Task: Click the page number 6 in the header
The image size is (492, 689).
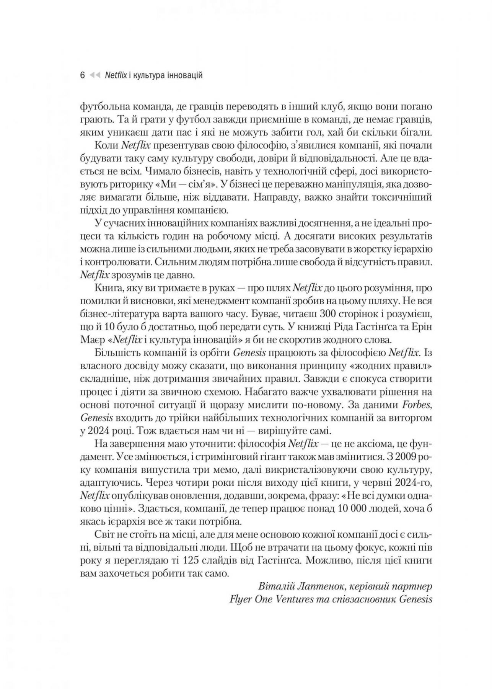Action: [82, 75]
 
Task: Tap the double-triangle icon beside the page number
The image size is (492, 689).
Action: [95, 75]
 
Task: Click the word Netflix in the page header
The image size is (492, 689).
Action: [116, 75]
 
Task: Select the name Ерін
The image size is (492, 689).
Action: [420, 327]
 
